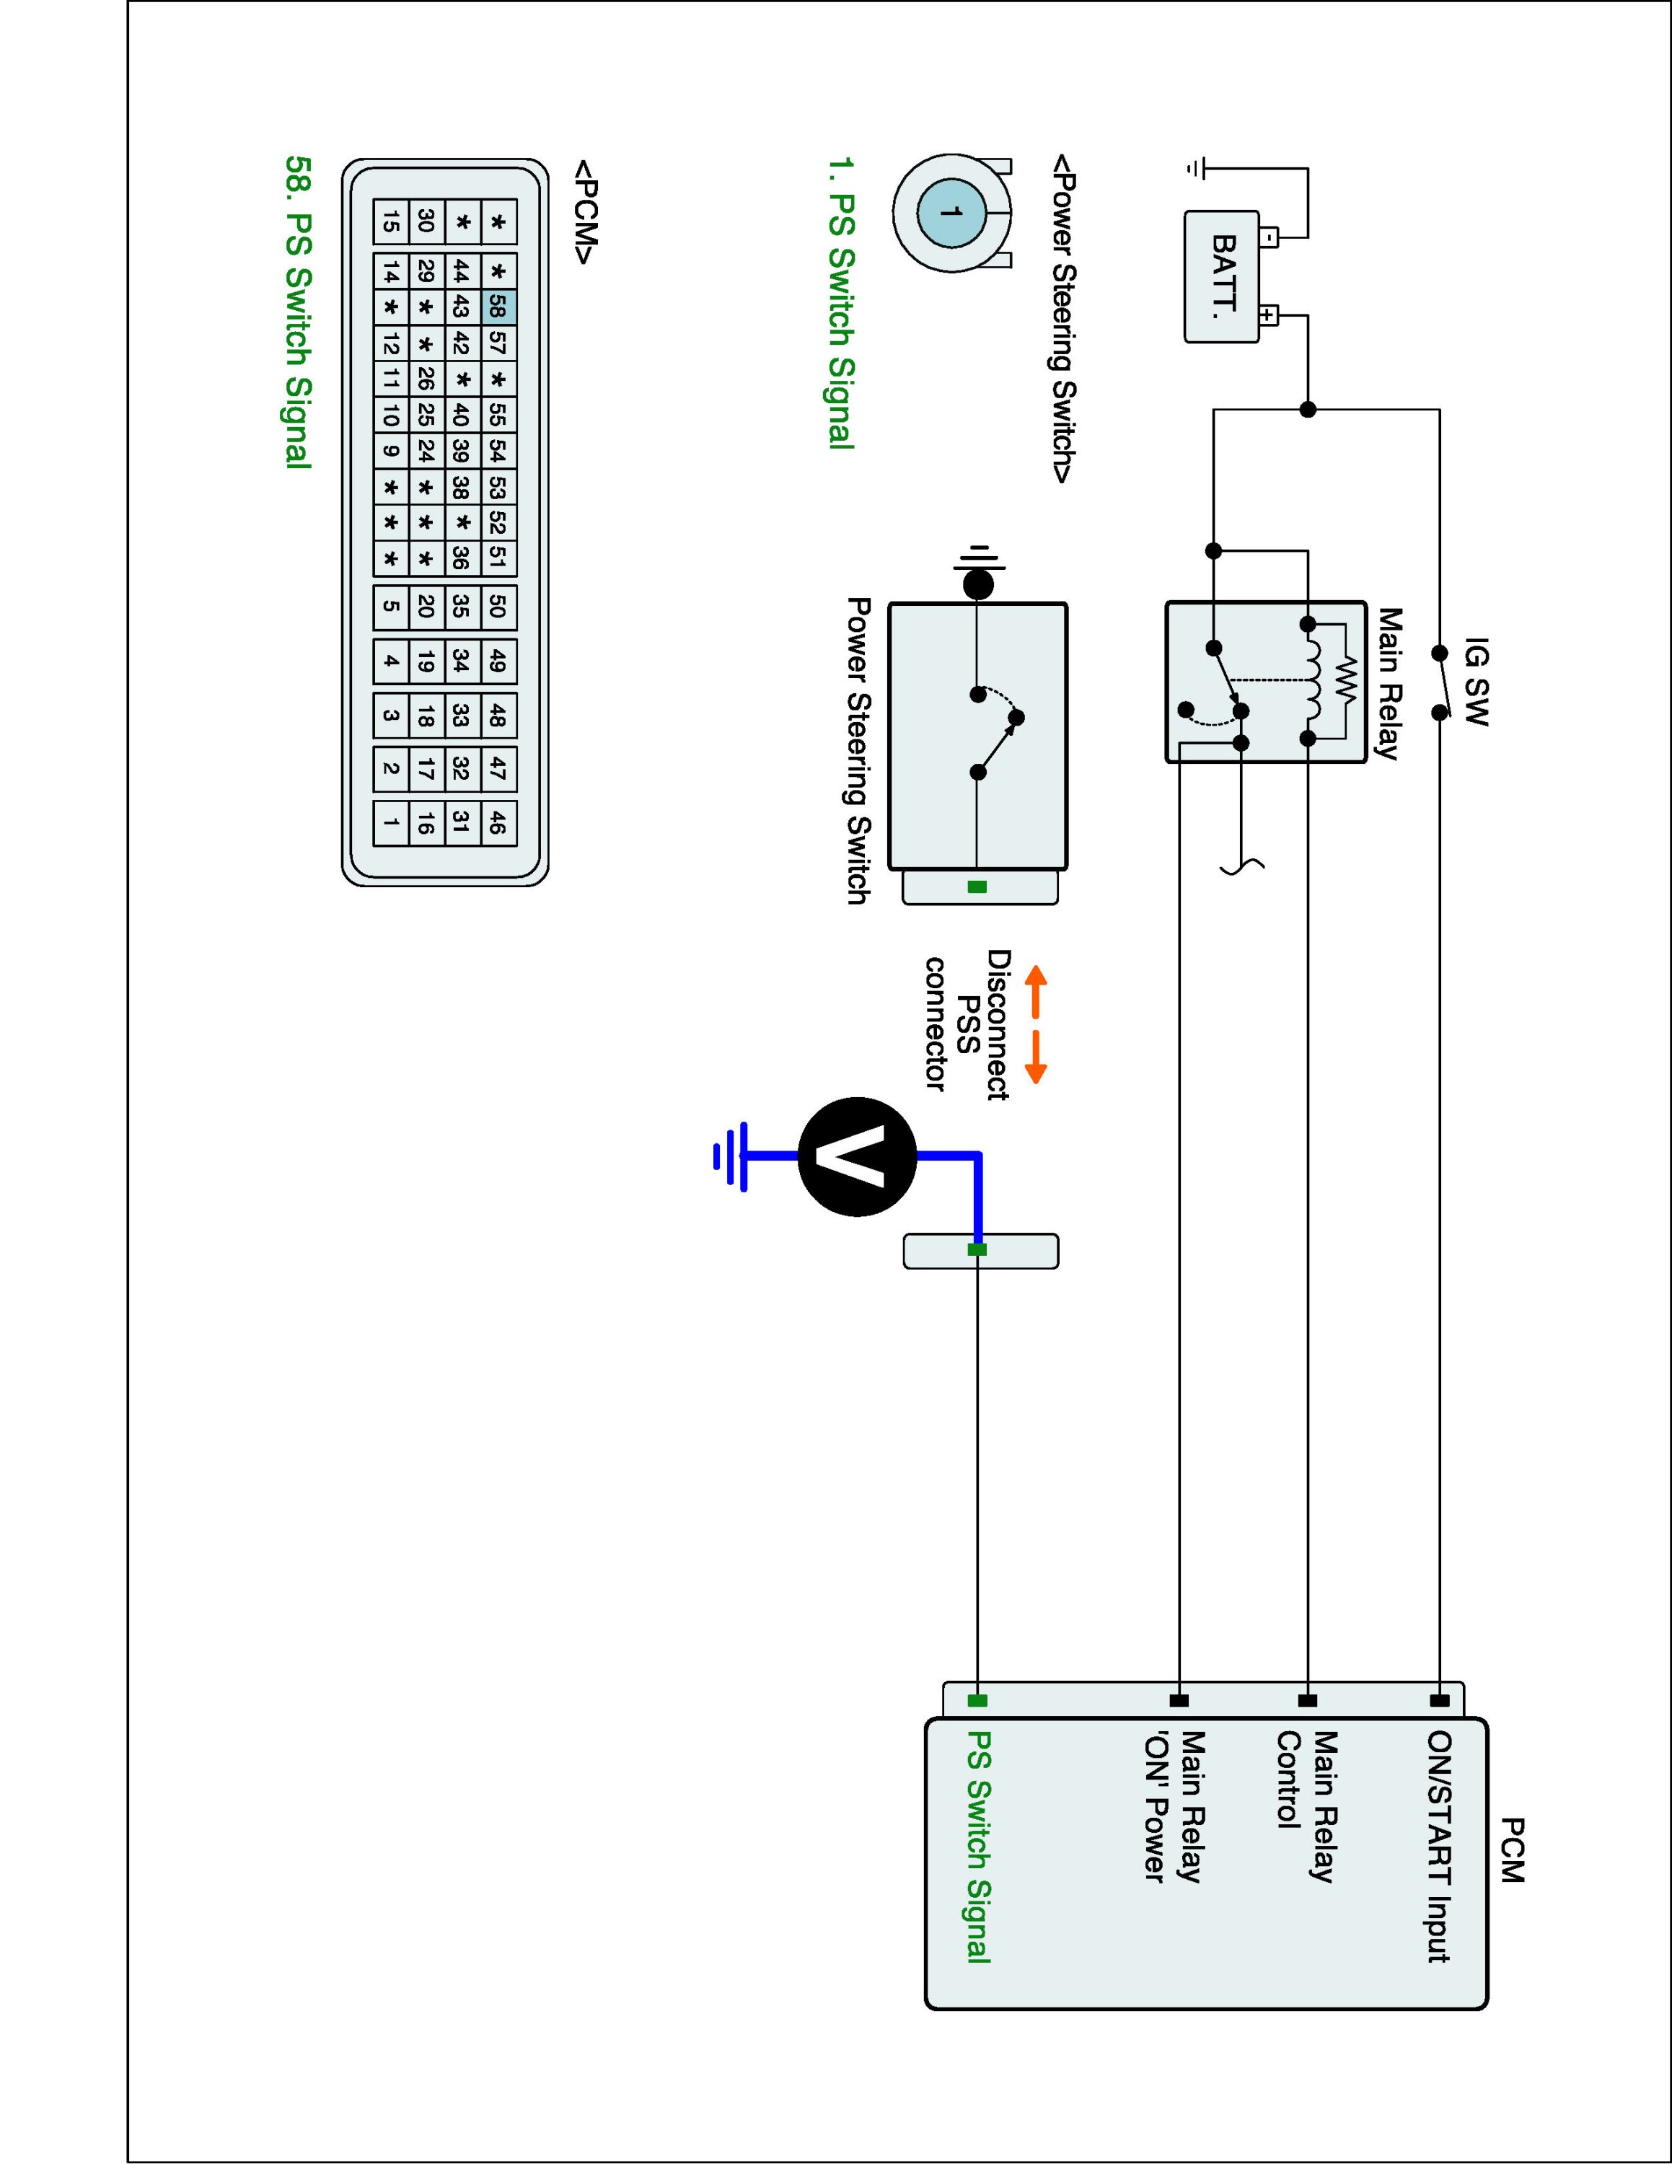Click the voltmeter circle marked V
pos(857,1156)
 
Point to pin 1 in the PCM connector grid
pos(391,822)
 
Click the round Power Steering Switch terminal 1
pos(952,212)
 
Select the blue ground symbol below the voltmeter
pos(730,1156)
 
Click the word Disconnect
pos(998,1024)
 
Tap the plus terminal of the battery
pos(1268,316)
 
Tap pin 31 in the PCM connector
pos(459,822)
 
